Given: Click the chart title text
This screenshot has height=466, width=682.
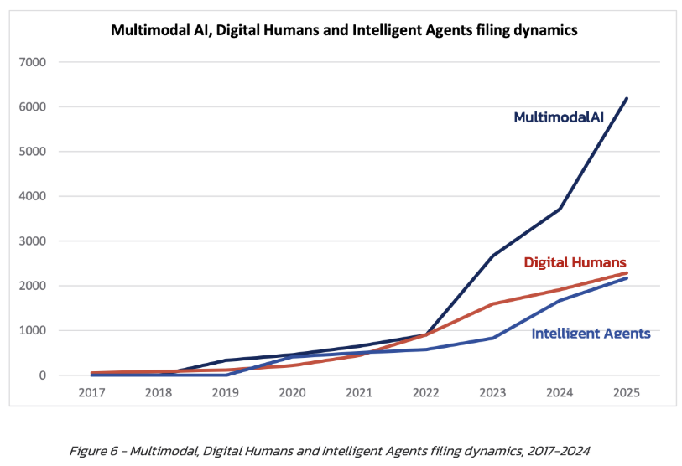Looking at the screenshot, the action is [x=344, y=30].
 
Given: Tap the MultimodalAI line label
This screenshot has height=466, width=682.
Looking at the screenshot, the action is [x=559, y=117].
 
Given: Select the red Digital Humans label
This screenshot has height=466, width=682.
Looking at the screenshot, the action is [x=575, y=262].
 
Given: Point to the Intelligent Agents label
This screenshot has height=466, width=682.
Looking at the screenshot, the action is [x=591, y=333].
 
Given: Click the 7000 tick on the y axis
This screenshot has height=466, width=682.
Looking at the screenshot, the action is [x=32, y=62].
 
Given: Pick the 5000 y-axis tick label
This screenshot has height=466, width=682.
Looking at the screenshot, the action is [x=32, y=152].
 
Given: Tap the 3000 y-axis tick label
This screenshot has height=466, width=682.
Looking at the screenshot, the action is [x=32, y=241].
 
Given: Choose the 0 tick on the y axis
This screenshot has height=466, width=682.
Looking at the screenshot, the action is [x=42, y=375].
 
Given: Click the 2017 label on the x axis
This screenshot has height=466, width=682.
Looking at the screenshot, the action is [x=91, y=392].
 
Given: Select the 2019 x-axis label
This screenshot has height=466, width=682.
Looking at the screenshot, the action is [x=226, y=392].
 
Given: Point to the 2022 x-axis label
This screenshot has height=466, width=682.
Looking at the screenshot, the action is [x=426, y=392].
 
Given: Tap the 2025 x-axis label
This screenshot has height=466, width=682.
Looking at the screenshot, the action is [x=627, y=392].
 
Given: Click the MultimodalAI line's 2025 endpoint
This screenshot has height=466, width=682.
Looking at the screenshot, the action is [x=627, y=99].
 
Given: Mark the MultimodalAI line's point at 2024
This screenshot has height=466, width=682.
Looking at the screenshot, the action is [x=560, y=209].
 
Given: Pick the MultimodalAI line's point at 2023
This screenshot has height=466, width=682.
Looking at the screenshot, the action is [x=492, y=256].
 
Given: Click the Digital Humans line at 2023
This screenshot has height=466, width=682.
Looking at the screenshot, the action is [x=492, y=304].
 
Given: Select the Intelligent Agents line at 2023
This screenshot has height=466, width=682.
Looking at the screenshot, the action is [x=492, y=339].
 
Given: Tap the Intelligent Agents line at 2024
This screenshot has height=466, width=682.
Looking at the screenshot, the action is [x=560, y=300].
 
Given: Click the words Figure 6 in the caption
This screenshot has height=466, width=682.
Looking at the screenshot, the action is [x=93, y=451].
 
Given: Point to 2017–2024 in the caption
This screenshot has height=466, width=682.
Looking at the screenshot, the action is [x=559, y=451].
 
